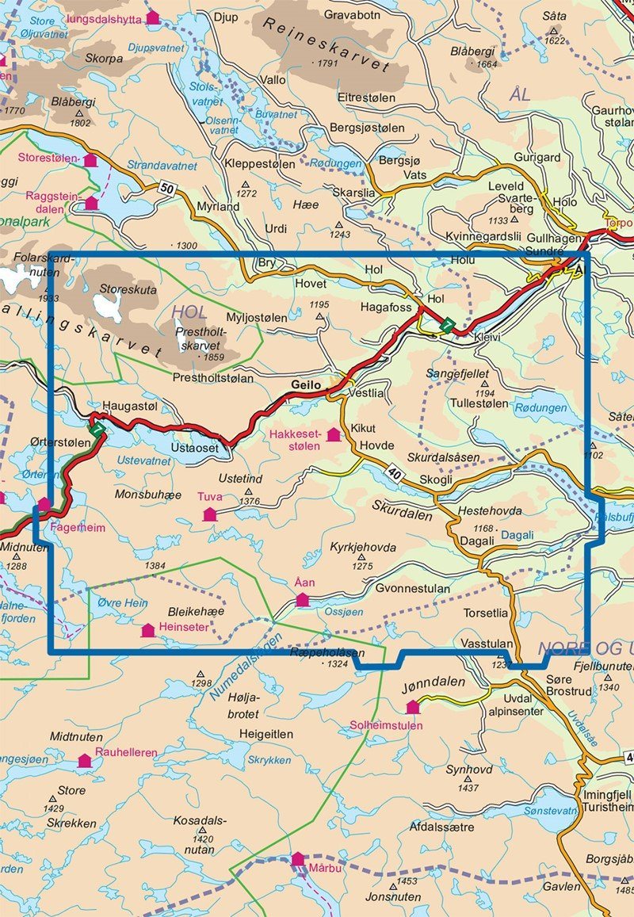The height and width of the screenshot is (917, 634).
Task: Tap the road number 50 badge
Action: coord(166,188)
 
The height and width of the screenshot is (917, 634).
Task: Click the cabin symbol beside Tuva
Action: coord(209,514)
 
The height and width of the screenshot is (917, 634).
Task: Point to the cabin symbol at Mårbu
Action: coord(297,859)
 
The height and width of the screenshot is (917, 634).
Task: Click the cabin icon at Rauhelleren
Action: coord(84,761)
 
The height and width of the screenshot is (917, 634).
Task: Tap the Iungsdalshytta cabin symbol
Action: coord(152,17)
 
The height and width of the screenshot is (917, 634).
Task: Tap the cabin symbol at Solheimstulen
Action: coord(412,706)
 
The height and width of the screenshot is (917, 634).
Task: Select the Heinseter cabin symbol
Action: coord(147,631)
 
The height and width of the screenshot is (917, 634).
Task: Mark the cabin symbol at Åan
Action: coord(302,600)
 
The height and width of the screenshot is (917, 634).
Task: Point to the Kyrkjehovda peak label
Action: coord(363,548)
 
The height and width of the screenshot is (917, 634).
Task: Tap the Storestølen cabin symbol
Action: coord(90,160)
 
